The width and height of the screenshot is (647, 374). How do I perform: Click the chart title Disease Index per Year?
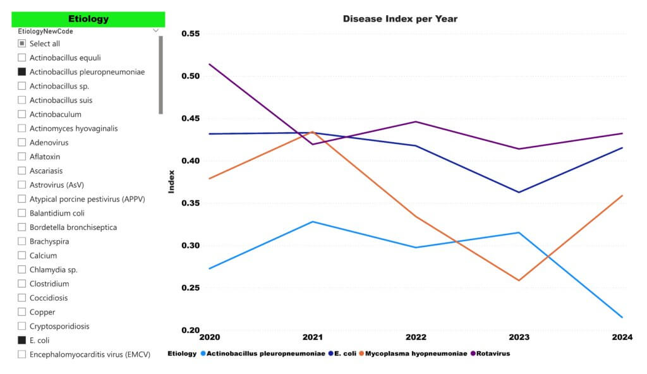click(400, 18)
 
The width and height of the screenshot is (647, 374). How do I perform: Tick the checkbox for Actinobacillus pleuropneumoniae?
click(22, 72)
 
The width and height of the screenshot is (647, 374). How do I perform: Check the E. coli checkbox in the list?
click(22, 341)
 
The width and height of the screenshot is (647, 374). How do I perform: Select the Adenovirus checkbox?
click(22, 143)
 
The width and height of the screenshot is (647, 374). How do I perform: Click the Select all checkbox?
click(22, 44)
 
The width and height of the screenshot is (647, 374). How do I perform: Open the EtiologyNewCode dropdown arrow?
click(155, 30)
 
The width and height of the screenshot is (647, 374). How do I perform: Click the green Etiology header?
click(88, 19)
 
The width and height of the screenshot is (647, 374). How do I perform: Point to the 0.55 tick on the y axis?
click(190, 33)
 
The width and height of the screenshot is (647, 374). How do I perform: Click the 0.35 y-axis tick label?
click(190, 203)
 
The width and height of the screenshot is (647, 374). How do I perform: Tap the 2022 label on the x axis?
click(416, 337)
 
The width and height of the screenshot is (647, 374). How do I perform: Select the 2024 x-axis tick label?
click(622, 337)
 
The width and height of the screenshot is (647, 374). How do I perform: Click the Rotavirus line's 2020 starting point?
click(209, 64)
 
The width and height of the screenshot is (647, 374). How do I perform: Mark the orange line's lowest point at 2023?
click(519, 280)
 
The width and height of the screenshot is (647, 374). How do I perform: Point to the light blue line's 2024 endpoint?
click(622, 317)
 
